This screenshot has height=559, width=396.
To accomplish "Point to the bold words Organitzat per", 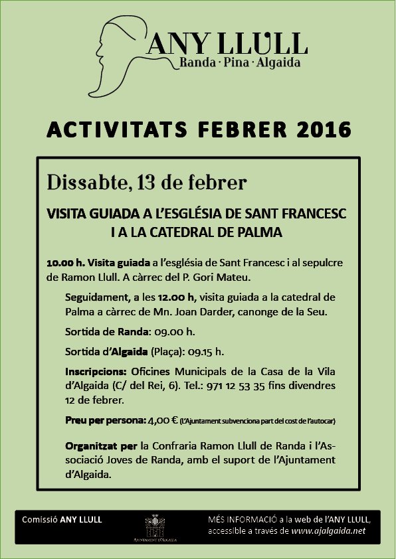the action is click(98, 444).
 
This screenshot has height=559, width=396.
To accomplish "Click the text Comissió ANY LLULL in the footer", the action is click(62, 519).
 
